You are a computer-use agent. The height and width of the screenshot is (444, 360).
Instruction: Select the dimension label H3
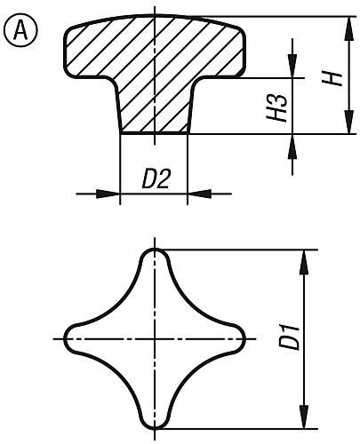280,107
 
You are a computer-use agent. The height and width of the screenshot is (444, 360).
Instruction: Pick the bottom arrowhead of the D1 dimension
305,421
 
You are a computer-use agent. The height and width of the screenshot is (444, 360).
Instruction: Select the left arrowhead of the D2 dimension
110,192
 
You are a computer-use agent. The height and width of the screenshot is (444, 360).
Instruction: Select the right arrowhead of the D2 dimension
197,192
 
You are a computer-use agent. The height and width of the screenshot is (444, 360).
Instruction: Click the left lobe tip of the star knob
69,338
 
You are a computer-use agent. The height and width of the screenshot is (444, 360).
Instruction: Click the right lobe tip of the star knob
240,338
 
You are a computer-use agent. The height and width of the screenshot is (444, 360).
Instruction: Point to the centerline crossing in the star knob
155,338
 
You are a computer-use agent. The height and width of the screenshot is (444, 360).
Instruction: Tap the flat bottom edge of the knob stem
155,133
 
